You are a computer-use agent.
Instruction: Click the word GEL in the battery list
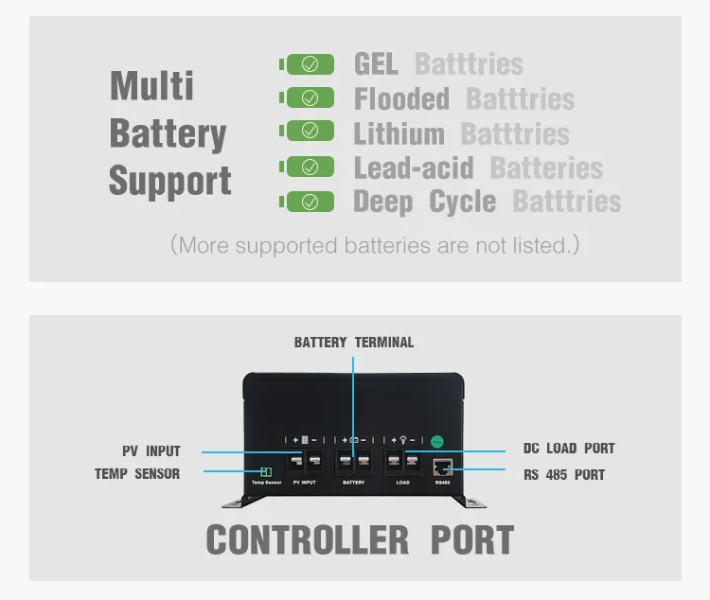pyautogui.click(x=376, y=64)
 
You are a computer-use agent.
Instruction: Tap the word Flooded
pyautogui.click(x=401, y=98)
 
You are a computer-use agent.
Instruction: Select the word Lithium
pyautogui.click(x=399, y=133)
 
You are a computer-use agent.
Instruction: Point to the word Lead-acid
pyautogui.click(x=412, y=168)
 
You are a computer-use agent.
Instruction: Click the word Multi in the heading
pyautogui.click(x=151, y=85)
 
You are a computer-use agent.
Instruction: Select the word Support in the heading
pyautogui.click(x=169, y=180)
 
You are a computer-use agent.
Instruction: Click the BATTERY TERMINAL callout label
pyautogui.click(x=353, y=343)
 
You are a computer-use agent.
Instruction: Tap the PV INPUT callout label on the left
pyautogui.click(x=151, y=451)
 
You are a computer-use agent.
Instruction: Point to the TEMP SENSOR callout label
pyautogui.click(x=136, y=473)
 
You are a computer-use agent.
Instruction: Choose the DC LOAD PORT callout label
pyautogui.click(x=569, y=449)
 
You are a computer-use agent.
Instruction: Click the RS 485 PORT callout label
pyautogui.click(x=564, y=474)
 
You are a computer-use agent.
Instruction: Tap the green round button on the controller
pyautogui.click(x=437, y=440)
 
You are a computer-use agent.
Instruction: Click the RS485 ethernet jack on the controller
pyautogui.click(x=442, y=467)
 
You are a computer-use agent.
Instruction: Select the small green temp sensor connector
pyautogui.click(x=266, y=471)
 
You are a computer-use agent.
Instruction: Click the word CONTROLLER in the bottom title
pyautogui.click(x=307, y=540)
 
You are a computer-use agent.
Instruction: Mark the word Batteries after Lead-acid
pyautogui.click(x=546, y=168)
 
